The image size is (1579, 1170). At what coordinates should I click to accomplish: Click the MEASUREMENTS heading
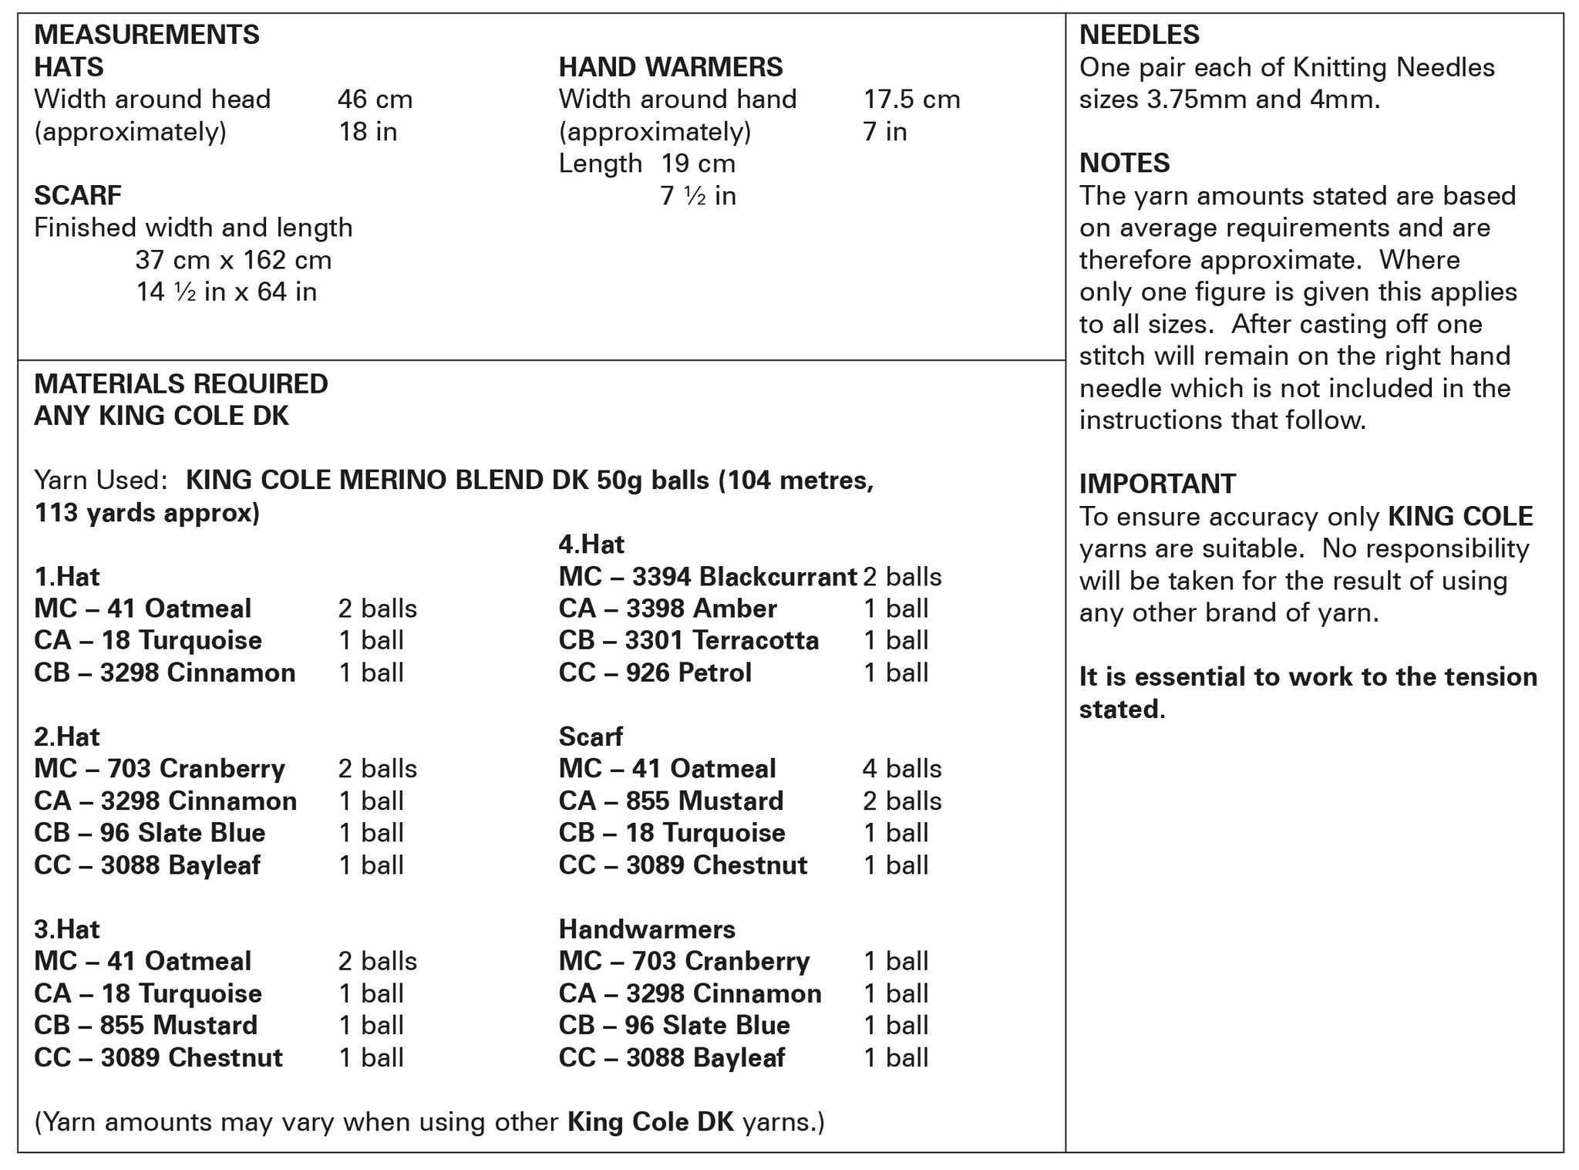tap(146, 35)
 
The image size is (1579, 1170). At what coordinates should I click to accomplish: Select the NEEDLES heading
tap(1139, 35)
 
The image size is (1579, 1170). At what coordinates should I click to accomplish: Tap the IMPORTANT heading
tap(1157, 484)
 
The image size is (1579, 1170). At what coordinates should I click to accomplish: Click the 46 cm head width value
tap(375, 99)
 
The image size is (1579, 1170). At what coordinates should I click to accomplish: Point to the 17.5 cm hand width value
tap(911, 99)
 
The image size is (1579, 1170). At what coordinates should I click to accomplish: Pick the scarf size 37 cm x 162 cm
tap(233, 260)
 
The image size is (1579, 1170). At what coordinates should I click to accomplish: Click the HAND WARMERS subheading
tap(670, 67)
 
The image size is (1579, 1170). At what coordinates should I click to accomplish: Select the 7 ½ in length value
tap(698, 196)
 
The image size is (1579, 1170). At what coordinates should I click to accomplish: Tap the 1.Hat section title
tap(66, 576)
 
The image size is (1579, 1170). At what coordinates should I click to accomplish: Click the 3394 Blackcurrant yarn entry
tap(707, 576)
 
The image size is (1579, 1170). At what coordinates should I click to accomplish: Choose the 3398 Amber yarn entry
tap(668, 609)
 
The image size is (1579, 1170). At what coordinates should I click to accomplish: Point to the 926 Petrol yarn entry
tap(655, 673)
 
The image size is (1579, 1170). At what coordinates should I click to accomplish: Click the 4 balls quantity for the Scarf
tap(901, 768)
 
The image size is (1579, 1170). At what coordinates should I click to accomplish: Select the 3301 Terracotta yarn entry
tap(688, 640)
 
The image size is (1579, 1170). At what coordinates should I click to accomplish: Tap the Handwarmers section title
tap(647, 929)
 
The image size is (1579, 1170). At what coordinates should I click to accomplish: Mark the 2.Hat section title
tap(66, 737)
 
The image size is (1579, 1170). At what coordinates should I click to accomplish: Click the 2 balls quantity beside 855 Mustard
tap(901, 801)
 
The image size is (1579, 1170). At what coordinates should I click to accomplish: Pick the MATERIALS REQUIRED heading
tap(181, 383)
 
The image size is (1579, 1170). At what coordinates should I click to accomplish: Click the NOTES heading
tap(1124, 163)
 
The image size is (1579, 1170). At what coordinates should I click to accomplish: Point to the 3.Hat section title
tap(66, 929)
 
